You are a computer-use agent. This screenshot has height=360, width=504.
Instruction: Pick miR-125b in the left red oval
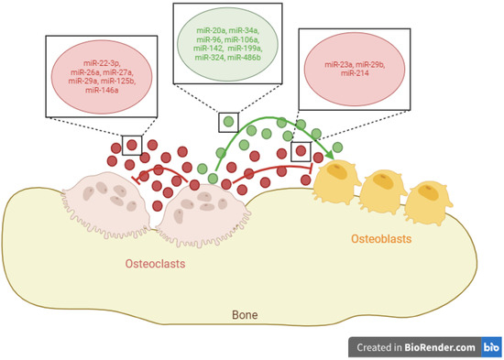click(x=116, y=82)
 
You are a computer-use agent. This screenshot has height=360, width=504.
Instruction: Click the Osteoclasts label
click(x=157, y=264)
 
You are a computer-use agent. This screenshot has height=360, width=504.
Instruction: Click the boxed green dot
click(x=225, y=123)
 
